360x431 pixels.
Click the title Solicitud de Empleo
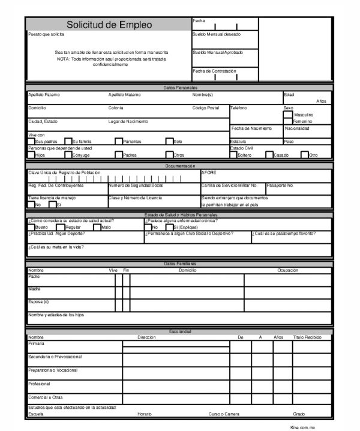point(109,25)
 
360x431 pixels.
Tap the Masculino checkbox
point(288,114)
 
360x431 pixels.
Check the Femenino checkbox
point(288,121)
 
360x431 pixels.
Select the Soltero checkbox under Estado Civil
point(233,154)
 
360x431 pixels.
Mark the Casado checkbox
point(269,154)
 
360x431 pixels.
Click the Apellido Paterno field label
point(44,94)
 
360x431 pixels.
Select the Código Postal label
point(206,107)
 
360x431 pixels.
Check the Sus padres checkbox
point(31,141)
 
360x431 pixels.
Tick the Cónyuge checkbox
point(68,154)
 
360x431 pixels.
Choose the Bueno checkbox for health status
point(31,227)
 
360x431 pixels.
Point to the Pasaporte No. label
point(280,185)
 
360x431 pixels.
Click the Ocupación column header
point(287,270)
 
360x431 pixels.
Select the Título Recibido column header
point(307,337)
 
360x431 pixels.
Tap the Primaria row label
point(36,344)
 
